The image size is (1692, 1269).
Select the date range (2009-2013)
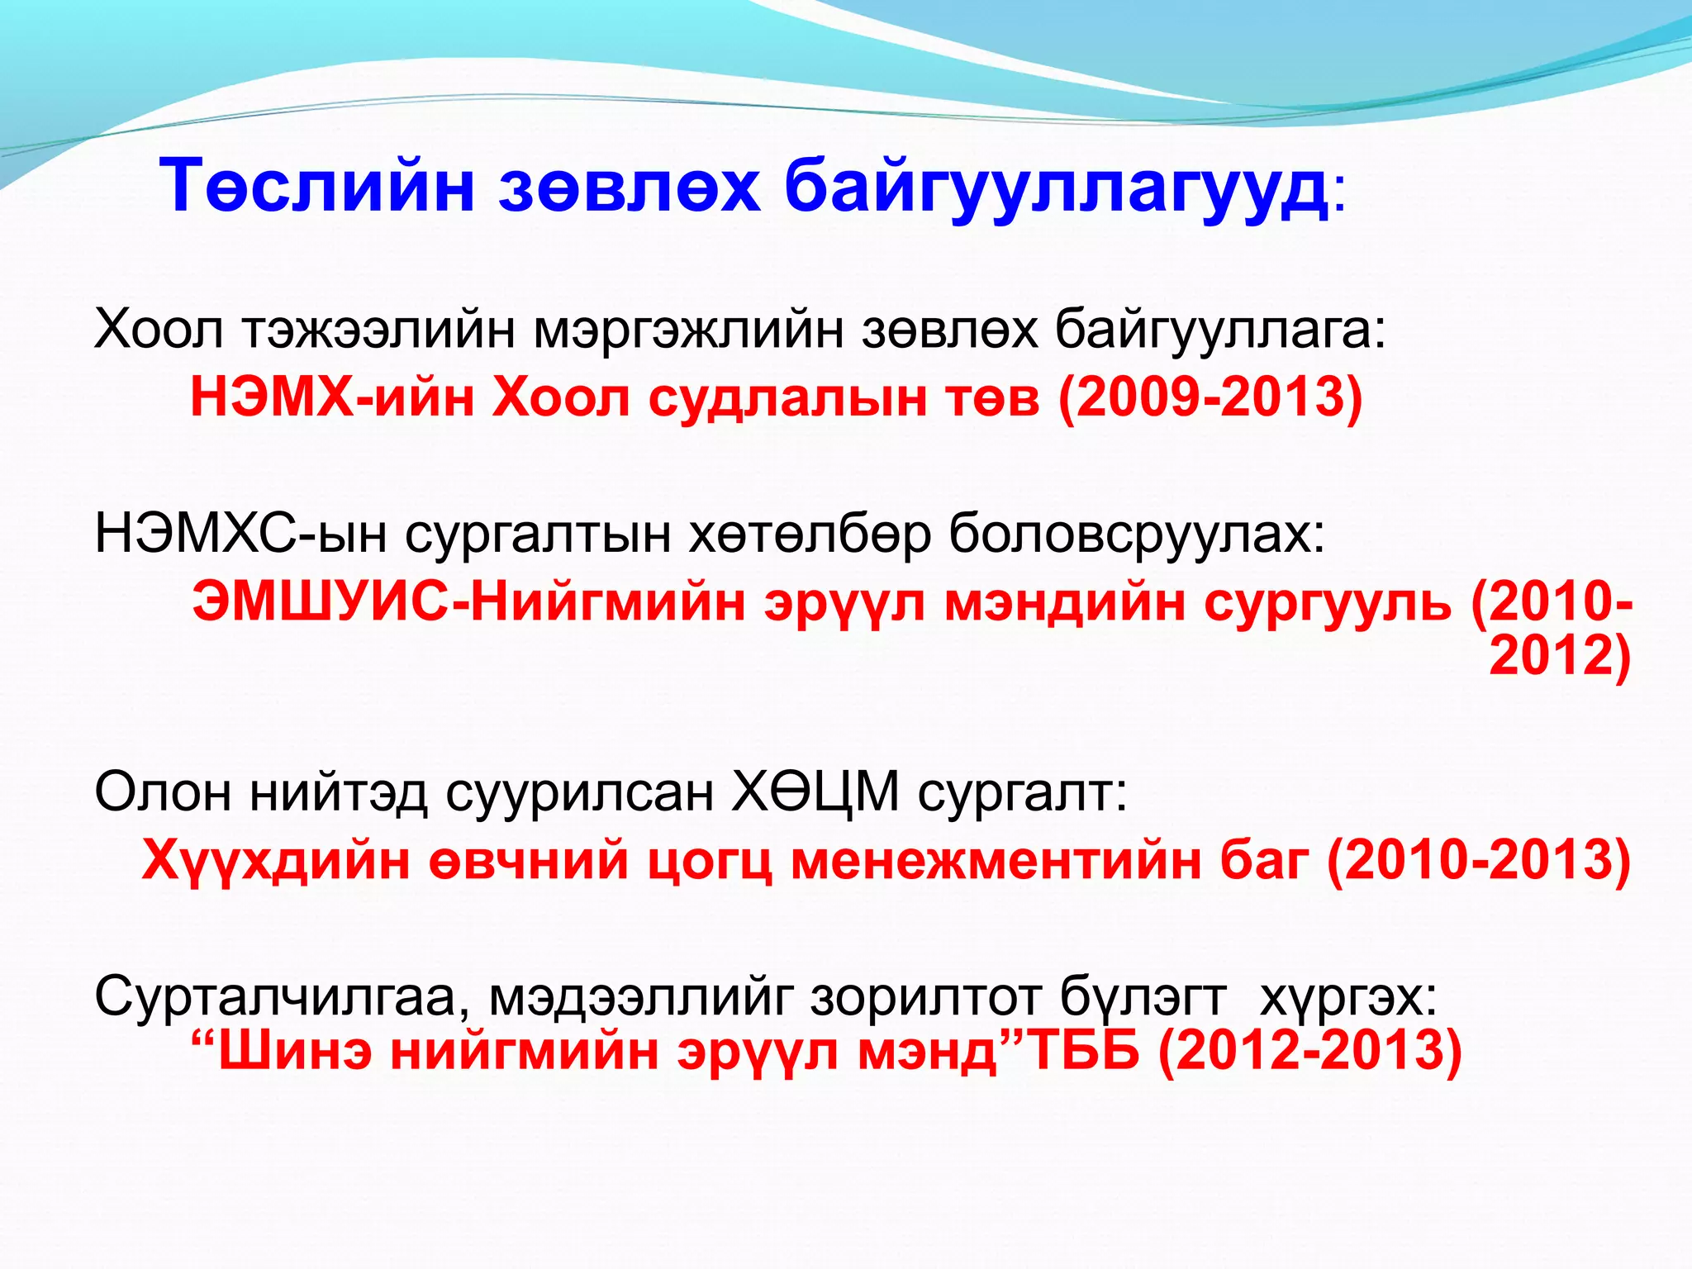point(1210,397)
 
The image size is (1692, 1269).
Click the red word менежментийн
point(996,860)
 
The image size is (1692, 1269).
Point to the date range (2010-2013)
point(1479,860)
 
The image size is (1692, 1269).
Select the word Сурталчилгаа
point(281,998)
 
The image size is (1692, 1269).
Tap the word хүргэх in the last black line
point(1347,998)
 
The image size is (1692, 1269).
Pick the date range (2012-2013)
point(1310,1052)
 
